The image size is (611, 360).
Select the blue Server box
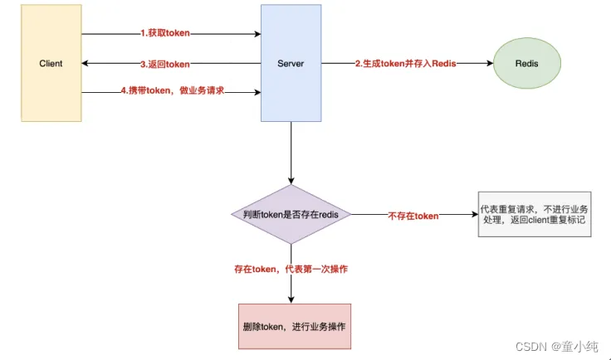pos(291,64)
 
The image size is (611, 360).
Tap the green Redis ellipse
pos(528,64)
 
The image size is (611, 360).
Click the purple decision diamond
pos(291,215)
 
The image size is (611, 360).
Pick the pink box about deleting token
pos(291,323)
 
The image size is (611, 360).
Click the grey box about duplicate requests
pos(535,216)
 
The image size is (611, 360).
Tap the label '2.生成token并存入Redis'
pos(405,64)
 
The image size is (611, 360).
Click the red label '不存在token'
pos(413,216)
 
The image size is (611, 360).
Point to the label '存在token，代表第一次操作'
pos(290,270)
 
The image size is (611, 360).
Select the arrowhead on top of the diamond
pos(291,181)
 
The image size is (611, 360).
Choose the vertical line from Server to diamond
pos(291,153)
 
